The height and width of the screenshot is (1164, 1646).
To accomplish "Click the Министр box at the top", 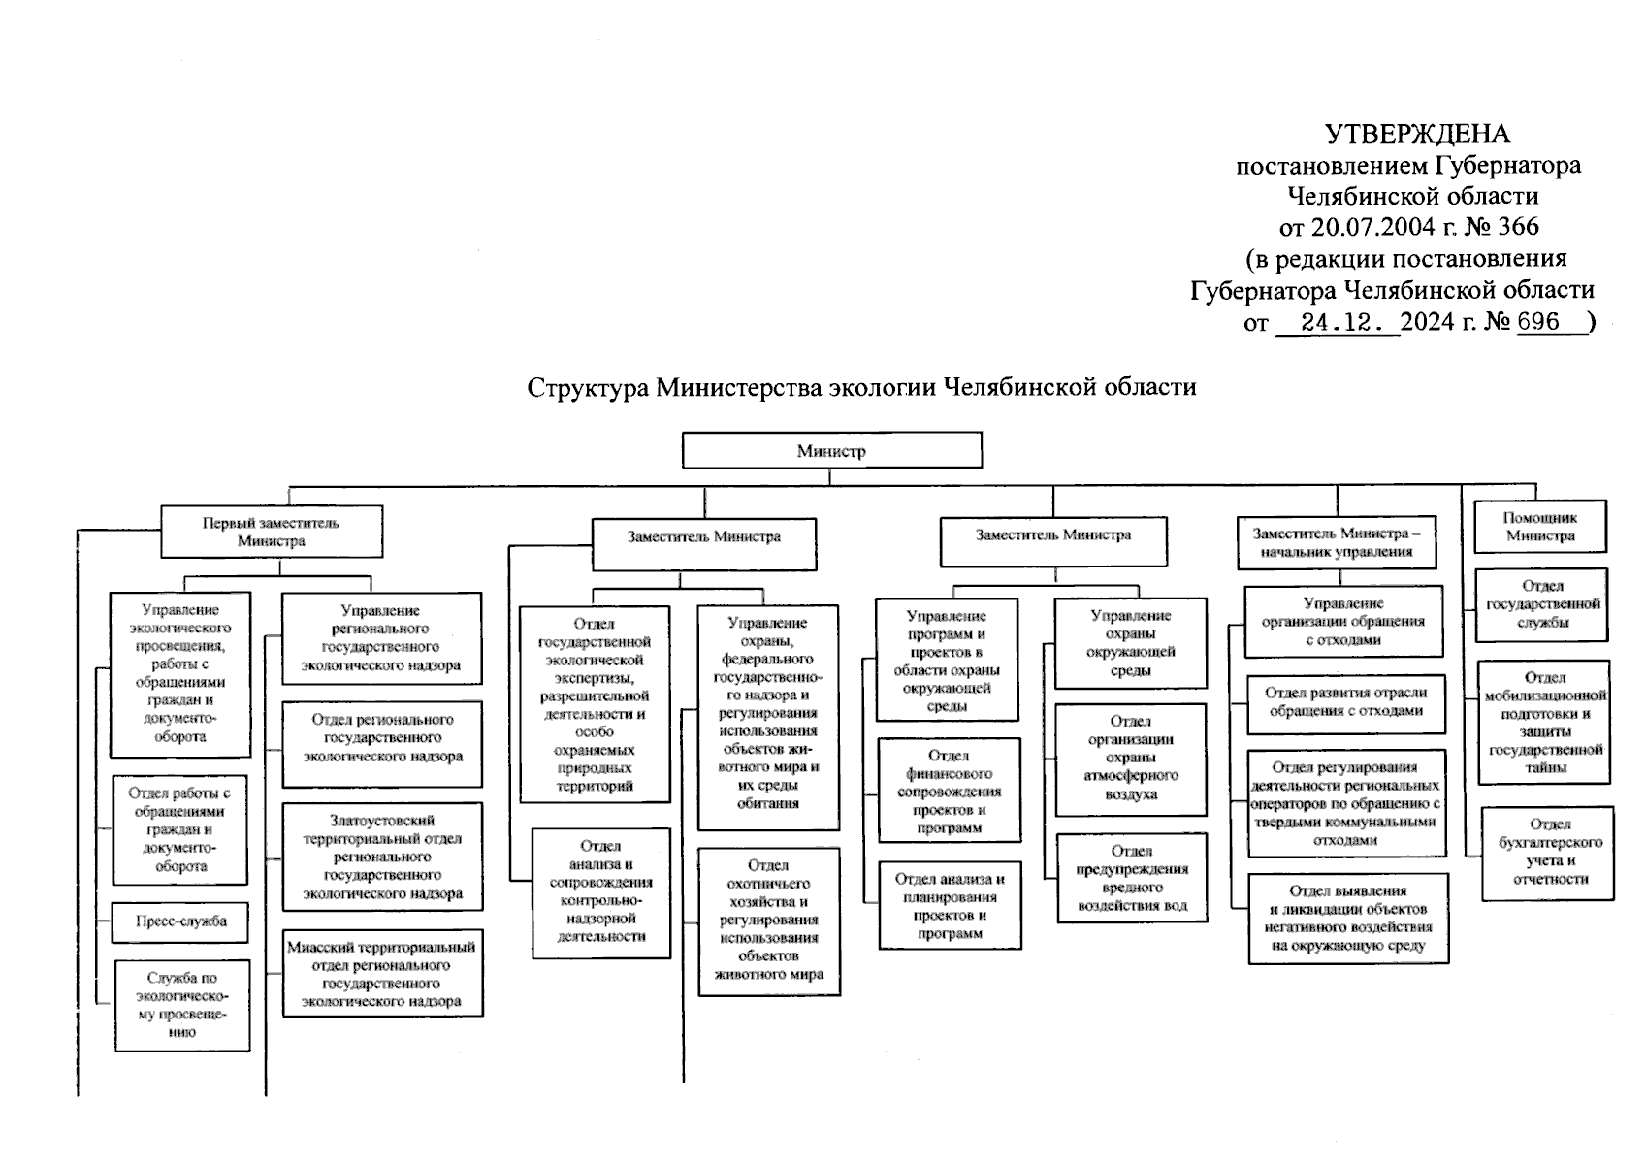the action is (x=832, y=450).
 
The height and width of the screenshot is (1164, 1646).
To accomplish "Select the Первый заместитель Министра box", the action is (x=272, y=532).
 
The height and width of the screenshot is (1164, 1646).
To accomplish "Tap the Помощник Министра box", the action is (x=1540, y=527).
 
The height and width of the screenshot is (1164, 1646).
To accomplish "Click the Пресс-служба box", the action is (x=180, y=922).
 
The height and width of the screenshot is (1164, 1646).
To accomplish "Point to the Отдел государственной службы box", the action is (x=1541, y=604).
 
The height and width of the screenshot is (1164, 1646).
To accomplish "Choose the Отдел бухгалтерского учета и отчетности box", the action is (x=1548, y=854).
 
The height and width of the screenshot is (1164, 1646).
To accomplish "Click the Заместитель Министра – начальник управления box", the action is (x=1337, y=543).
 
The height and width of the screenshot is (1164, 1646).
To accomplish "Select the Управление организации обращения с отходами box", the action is (x=1344, y=622).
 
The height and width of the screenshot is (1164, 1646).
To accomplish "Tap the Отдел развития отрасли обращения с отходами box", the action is (x=1346, y=705).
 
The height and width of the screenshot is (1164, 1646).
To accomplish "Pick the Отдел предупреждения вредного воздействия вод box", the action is (x=1132, y=878).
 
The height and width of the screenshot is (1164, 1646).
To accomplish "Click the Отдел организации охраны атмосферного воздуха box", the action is (x=1131, y=760).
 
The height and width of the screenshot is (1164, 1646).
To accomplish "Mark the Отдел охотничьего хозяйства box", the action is (x=769, y=921).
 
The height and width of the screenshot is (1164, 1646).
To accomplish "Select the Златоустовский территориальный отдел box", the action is (x=383, y=857).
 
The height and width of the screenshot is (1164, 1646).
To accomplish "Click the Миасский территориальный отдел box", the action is (x=383, y=974).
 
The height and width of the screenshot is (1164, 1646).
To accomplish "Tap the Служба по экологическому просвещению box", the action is (x=182, y=1005).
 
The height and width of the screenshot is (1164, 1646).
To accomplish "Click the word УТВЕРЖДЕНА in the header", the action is (x=1417, y=134).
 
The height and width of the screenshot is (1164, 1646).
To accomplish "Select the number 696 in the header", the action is (x=1538, y=321).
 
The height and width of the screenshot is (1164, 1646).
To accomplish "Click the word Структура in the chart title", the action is (x=588, y=386).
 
